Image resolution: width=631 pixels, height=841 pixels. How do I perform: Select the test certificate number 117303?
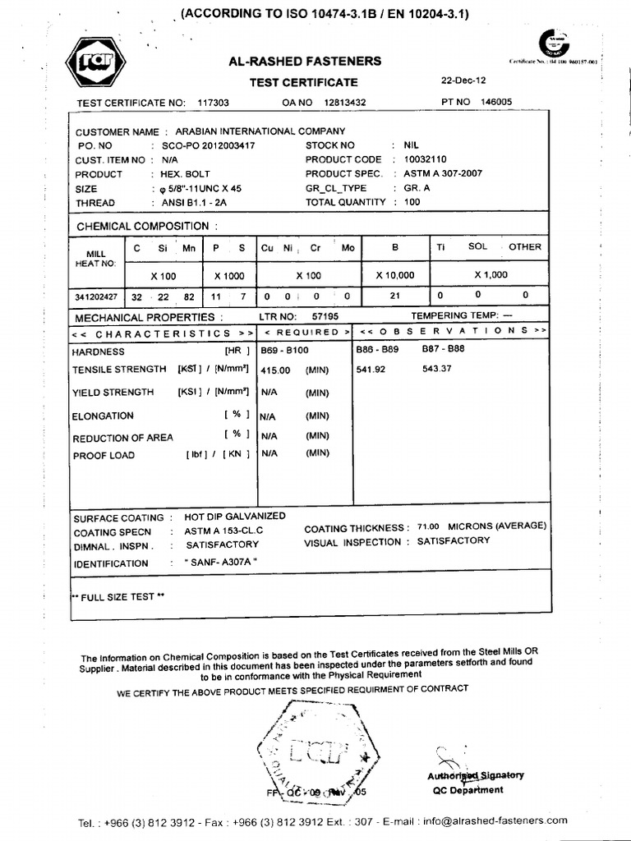tap(214, 102)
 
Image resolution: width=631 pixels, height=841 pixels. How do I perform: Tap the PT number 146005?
tap(495, 101)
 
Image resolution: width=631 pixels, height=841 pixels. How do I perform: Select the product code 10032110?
tap(426, 159)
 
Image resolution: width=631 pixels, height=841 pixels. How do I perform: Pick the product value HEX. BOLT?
tap(181, 174)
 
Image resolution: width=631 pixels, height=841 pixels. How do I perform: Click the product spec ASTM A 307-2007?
tap(443, 174)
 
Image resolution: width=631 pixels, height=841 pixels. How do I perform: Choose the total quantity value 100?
tap(412, 202)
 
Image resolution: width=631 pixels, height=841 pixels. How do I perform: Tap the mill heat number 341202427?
tap(96, 296)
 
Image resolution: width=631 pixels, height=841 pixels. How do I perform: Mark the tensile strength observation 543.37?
tap(437, 369)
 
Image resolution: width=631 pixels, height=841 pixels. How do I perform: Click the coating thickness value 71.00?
tap(428, 526)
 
